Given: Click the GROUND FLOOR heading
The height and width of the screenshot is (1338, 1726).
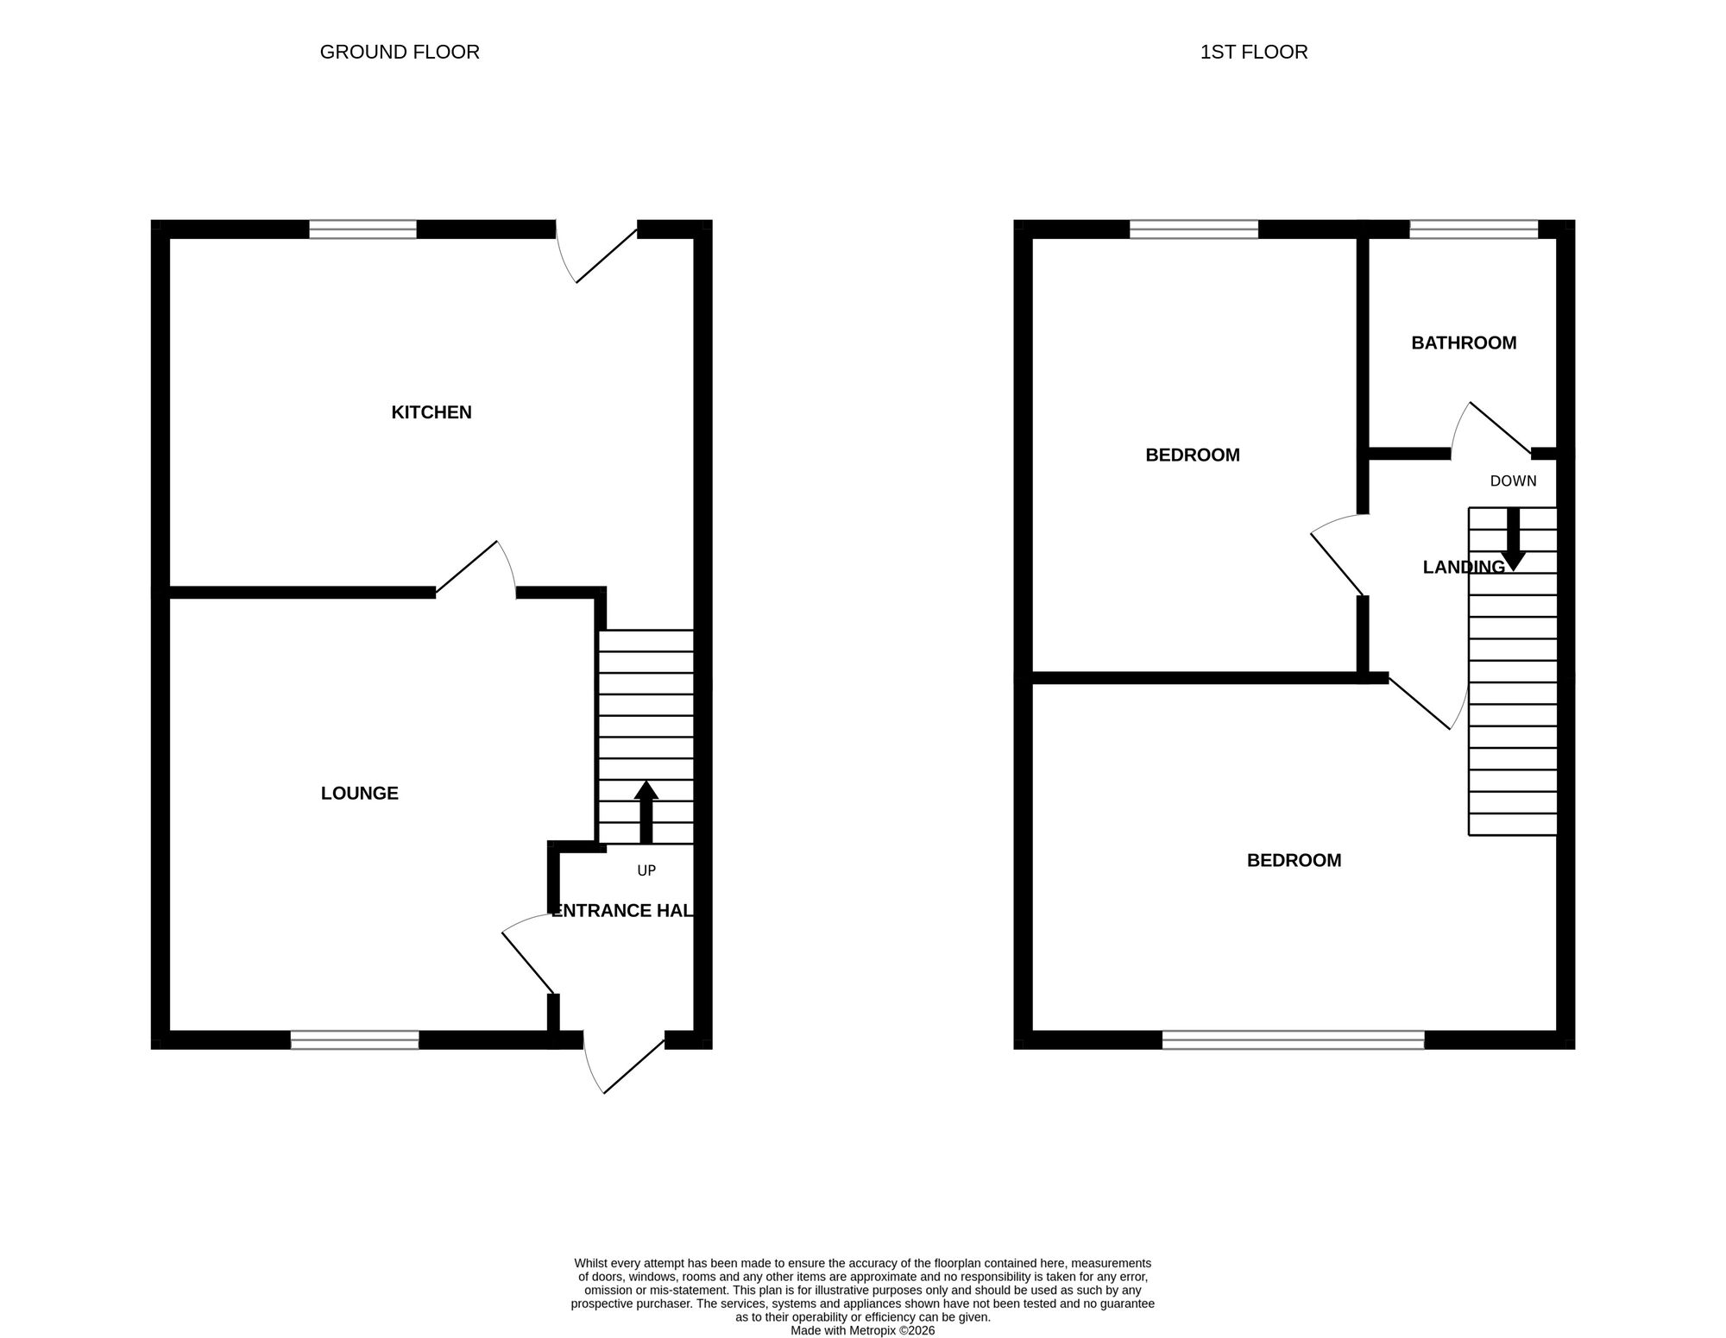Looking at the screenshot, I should click(400, 53).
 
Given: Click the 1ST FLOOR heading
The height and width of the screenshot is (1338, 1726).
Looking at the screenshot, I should click(1253, 53).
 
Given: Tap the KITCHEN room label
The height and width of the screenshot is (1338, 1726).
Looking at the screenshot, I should click(431, 412).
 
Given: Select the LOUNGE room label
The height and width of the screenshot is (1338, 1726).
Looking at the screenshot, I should click(359, 793).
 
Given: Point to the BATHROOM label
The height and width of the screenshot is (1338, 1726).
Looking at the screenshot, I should click(1464, 343).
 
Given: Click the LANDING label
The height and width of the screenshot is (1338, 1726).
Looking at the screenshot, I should click(1464, 567).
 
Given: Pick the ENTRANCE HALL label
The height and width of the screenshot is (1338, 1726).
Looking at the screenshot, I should click(622, 911).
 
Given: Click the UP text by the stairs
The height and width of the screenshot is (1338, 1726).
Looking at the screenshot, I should click(646, 871).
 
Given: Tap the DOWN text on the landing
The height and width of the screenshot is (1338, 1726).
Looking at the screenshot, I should click(1513, 481).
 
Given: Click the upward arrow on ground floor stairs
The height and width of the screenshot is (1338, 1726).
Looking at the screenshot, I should click(646, 811).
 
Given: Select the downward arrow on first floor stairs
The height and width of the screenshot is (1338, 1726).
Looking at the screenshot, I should click(1513, 540).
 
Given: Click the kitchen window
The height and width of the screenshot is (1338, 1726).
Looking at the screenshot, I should click(362, 229).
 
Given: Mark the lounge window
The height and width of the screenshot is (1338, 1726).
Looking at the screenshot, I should click(355, 1040).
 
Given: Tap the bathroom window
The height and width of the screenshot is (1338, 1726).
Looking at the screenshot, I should click(1473, 229).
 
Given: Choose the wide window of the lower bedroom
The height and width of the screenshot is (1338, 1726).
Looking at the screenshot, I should click(1293, 1040).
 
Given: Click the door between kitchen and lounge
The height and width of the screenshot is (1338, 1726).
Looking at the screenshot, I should click(476, 569).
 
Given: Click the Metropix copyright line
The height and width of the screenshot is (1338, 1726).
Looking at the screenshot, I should click(862, 1330).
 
